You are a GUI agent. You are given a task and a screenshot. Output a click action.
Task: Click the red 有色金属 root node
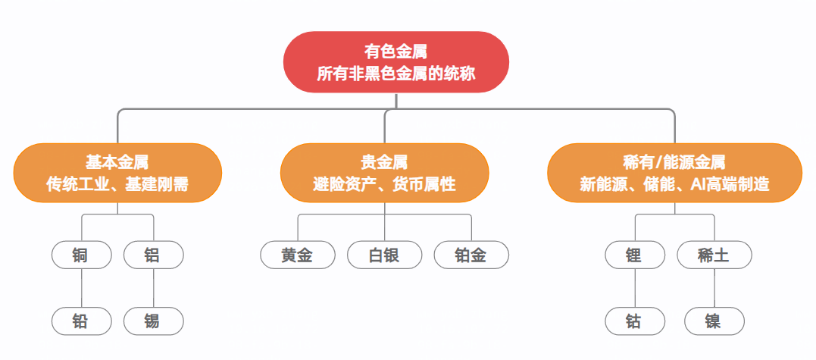pos(396,62)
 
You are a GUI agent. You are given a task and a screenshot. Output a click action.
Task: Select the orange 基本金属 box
pos(117,173)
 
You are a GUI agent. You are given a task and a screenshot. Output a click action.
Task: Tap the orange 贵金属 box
pos(385,173)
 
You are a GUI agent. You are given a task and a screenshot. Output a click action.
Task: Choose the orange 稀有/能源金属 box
pos(674,173)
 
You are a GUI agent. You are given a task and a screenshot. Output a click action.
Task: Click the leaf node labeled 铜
pos(82,255)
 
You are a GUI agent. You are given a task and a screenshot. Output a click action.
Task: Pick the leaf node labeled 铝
pos(154,255)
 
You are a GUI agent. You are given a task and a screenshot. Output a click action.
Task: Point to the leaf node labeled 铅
pos(82,321)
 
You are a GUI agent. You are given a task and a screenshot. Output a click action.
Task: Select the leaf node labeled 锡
pos(154,321)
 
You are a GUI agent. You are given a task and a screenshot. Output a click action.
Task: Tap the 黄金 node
pos(298,255)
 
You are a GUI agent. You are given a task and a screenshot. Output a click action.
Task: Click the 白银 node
pos(385,255)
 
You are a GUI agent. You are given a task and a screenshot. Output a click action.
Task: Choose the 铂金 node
pos(471,255)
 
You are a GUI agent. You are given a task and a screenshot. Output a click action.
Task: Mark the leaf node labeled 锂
pos(636,255)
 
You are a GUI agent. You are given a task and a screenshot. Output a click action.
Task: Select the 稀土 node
pos(714,255)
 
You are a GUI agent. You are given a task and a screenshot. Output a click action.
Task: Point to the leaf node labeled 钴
pos(636,321)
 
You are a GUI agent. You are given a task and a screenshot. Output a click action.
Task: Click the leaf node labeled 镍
pos(714,321)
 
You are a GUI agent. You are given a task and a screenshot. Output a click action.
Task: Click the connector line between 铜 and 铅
pos(82,288)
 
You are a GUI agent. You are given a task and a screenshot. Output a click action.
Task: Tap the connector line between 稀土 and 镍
pos(714,288)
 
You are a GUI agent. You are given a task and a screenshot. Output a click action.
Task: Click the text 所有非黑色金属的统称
pos(396,74)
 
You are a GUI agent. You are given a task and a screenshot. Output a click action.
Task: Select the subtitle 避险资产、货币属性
pos(385,184)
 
